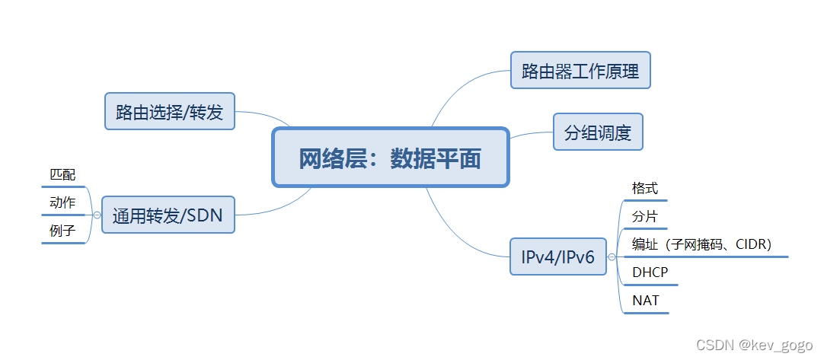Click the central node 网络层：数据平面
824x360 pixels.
390,158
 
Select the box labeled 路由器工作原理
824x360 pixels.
580,71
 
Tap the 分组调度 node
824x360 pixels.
598,132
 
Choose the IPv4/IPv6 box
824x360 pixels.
557,257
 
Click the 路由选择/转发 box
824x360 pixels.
169,112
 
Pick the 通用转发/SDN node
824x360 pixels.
168,215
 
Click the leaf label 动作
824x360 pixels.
62,203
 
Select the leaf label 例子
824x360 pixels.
62,231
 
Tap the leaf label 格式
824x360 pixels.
644,188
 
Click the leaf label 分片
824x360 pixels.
644,216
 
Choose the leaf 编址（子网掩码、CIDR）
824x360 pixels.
701,244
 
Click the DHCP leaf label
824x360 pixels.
650,272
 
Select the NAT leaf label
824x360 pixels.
645,301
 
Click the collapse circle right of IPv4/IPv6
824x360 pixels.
612,257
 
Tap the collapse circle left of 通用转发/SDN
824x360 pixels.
97,215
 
